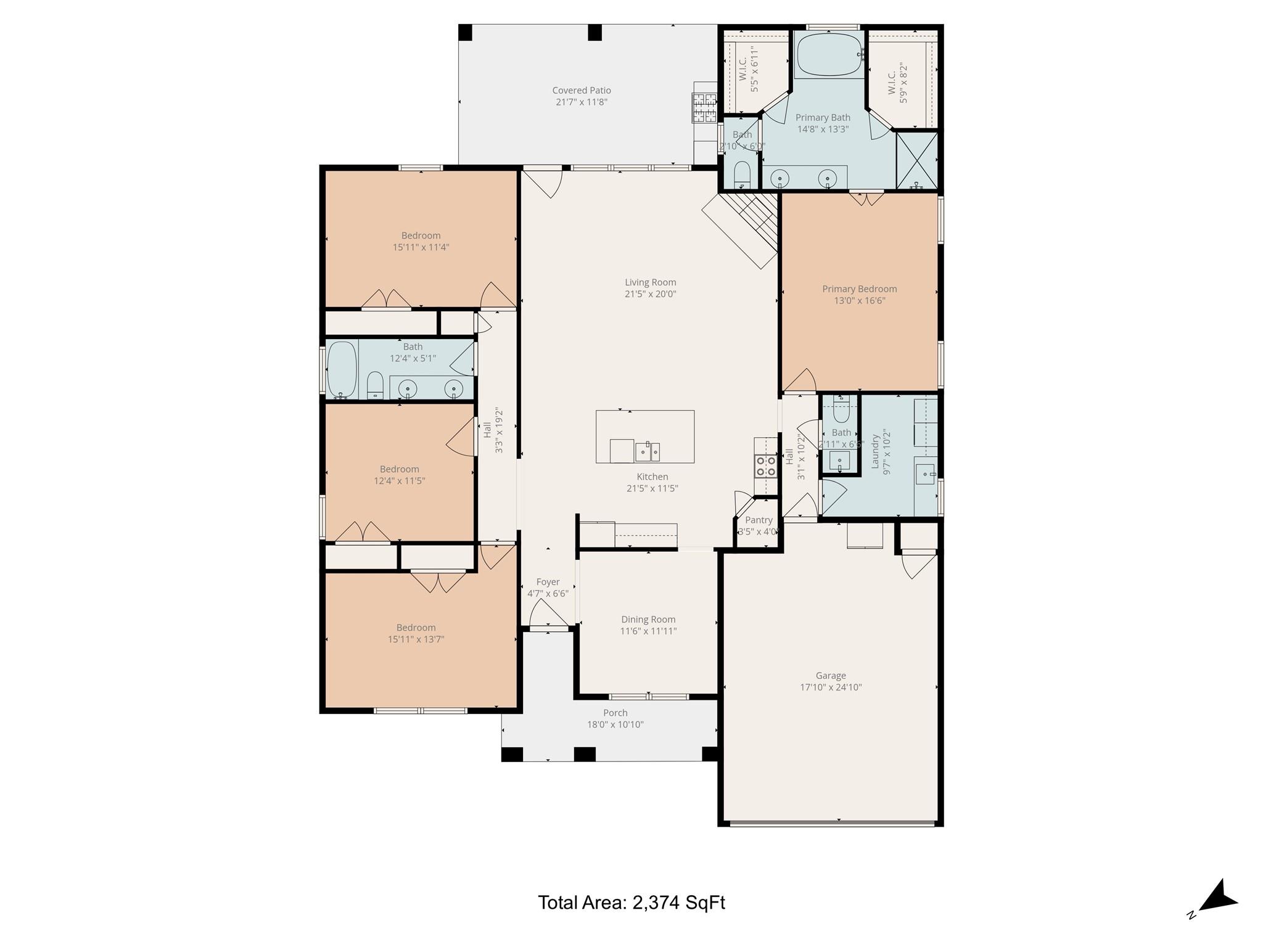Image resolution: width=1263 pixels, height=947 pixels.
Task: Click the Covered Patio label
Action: pos(582,91)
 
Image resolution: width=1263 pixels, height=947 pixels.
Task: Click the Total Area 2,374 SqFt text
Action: pos(631,903)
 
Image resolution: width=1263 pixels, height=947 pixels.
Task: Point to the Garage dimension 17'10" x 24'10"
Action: pos(830,687)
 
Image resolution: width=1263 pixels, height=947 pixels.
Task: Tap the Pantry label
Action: pos(759,520)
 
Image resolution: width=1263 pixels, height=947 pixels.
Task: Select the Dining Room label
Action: pos(648,620)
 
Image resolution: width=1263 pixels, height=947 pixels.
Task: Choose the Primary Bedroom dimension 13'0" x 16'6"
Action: pos(859,301)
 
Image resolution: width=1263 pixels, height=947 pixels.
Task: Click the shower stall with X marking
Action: pos(916,160)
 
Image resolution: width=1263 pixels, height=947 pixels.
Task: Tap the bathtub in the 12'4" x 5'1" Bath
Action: pos(342,370)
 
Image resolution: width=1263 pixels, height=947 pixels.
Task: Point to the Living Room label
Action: pos(650,282)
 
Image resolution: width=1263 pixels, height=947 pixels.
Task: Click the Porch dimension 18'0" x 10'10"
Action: pos(615,725)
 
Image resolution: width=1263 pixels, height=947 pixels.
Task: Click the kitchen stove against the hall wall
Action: pos(766,466)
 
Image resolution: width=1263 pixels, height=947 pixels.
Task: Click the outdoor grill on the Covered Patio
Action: pos(704,108)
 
